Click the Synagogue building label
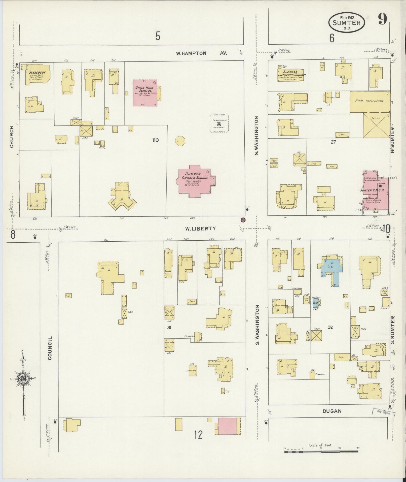(x=36, y=72)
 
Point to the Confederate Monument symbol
(x=219, y=124)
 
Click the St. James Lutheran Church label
(x=292, y=73)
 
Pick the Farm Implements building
(x=370, y=101)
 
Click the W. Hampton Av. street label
(x=201, y=53)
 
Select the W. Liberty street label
(x=200, y=229)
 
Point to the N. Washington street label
(x=256, y=136)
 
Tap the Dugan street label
(x=332, y=411)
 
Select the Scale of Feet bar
(x=321, y=452)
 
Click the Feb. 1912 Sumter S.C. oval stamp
(x=346, y=22)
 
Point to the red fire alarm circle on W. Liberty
(x=243, y=219)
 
